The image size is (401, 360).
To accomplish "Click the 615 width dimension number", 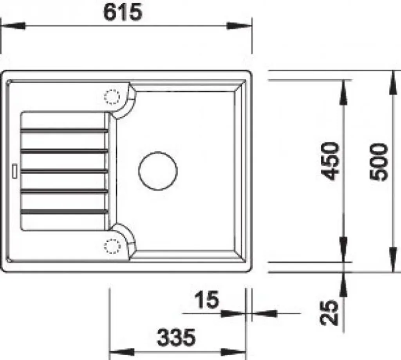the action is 122,12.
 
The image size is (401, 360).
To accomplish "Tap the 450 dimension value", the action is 330,161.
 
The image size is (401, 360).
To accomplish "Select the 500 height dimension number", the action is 379,162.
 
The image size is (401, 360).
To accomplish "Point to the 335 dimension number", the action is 176,337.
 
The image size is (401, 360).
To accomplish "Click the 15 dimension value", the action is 207,299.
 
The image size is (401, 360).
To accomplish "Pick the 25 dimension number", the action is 330,313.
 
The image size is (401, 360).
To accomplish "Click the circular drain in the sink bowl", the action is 158,171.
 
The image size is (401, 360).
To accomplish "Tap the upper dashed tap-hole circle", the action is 112,97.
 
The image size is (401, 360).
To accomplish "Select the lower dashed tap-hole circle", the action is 112,246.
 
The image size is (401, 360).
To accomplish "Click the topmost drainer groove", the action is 64,131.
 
